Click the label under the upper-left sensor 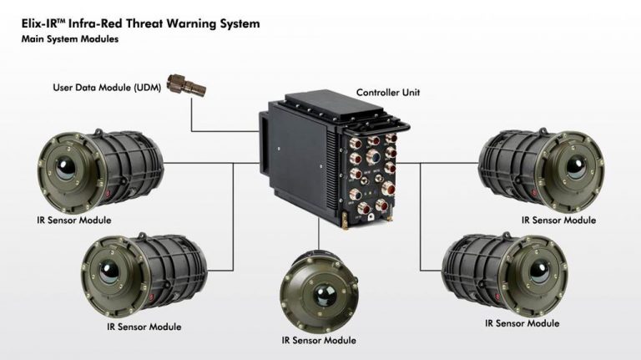point(74,220)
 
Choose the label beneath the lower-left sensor point(144,327)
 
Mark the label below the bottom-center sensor point(320,340)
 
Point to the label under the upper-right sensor point(558,221)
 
